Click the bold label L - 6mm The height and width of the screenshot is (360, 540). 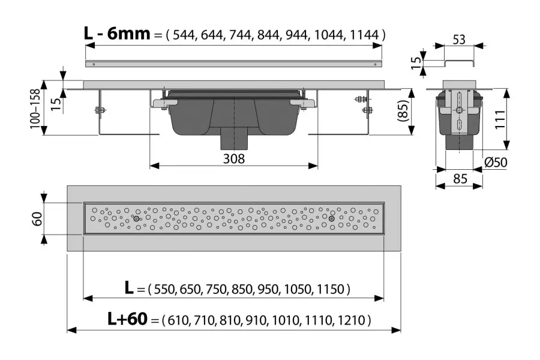pos(117,34)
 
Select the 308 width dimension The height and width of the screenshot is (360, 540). pos(234,158)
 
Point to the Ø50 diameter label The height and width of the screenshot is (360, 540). pos(496,162)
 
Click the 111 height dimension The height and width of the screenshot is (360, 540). pos(500,119)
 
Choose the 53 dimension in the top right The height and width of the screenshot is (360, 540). pos(459,40)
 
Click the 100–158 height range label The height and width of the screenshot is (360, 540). pos(35,109)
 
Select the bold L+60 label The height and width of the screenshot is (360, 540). pos(127,319)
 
